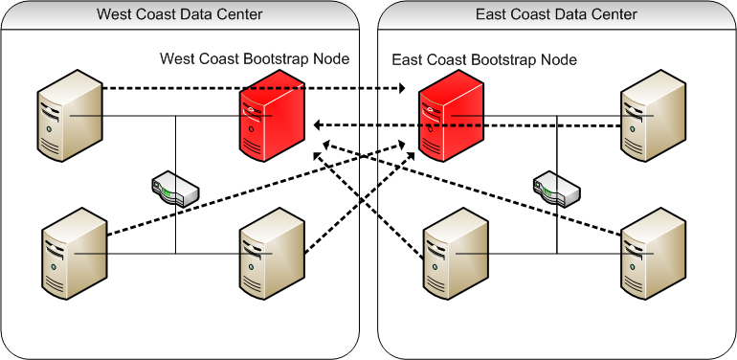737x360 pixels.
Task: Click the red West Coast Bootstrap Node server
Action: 273,120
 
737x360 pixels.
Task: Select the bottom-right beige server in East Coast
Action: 653,253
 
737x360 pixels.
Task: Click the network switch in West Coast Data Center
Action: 175,189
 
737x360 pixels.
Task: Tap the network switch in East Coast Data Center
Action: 556,189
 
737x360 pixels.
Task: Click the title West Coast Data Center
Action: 181,13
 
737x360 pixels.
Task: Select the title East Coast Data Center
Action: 556,13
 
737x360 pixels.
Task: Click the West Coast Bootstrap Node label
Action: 255,59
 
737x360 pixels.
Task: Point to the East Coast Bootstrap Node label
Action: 485,59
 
